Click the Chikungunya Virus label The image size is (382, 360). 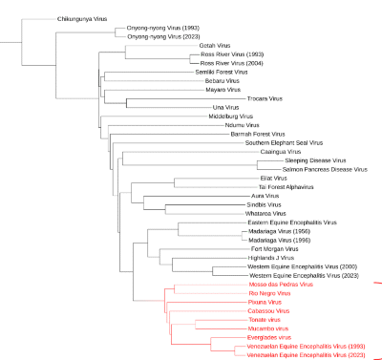click(x=82, y=18)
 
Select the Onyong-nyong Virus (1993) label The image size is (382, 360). click(x=163, y=28)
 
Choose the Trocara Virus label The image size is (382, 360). click(x=265, y=98)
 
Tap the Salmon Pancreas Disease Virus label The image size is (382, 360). click(x=323, y=169)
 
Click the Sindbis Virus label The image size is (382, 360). click(x=264, y=204)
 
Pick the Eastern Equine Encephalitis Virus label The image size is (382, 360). click(x=291, y=222)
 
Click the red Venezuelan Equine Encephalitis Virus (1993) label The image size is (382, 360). click(x=305, y=346)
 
